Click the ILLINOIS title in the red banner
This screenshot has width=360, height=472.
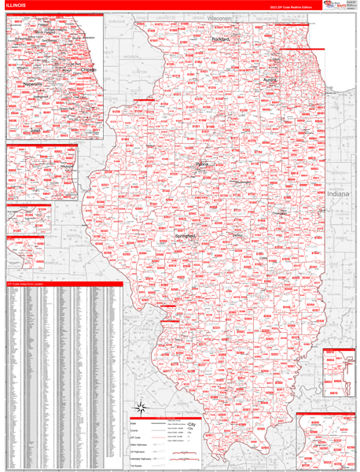click(17, 6)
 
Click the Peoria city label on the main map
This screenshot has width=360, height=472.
click(203, 164)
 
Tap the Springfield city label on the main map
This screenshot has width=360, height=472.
click(185, 236)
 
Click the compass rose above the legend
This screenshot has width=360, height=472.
click(141, 407)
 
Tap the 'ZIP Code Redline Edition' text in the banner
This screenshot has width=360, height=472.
click(288, 6)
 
